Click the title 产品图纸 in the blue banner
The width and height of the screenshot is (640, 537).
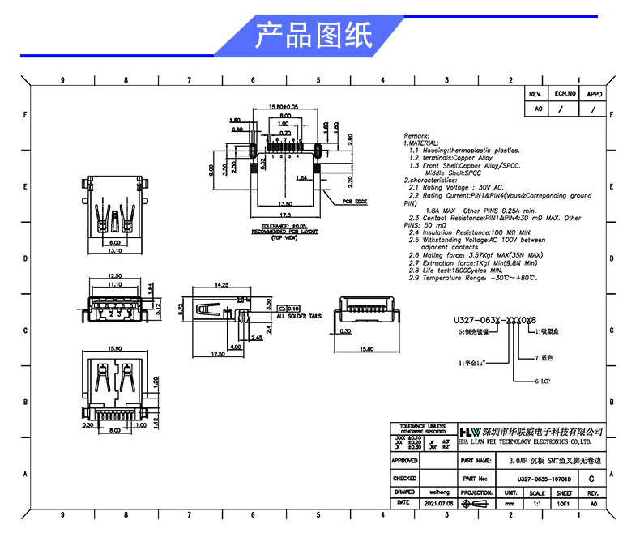pyautogui.click(x=314, y=36)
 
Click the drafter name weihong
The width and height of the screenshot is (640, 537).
pyautogui.click(x=428, y=492)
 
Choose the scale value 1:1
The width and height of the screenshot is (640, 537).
pyautogui.click(x=536, y=503)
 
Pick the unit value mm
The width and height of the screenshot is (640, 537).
pyautogui.click(x=510, y=503)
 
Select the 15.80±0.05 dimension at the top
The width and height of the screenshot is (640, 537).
pyautogui.click(x=284, y=106)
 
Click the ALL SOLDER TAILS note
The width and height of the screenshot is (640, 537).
pyautogui.click(x=299, y=316)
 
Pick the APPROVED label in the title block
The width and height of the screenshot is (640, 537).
pyautogui.click(x=404, y=460)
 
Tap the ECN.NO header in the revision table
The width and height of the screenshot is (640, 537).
pyautogui.click(x=564, y=94)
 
